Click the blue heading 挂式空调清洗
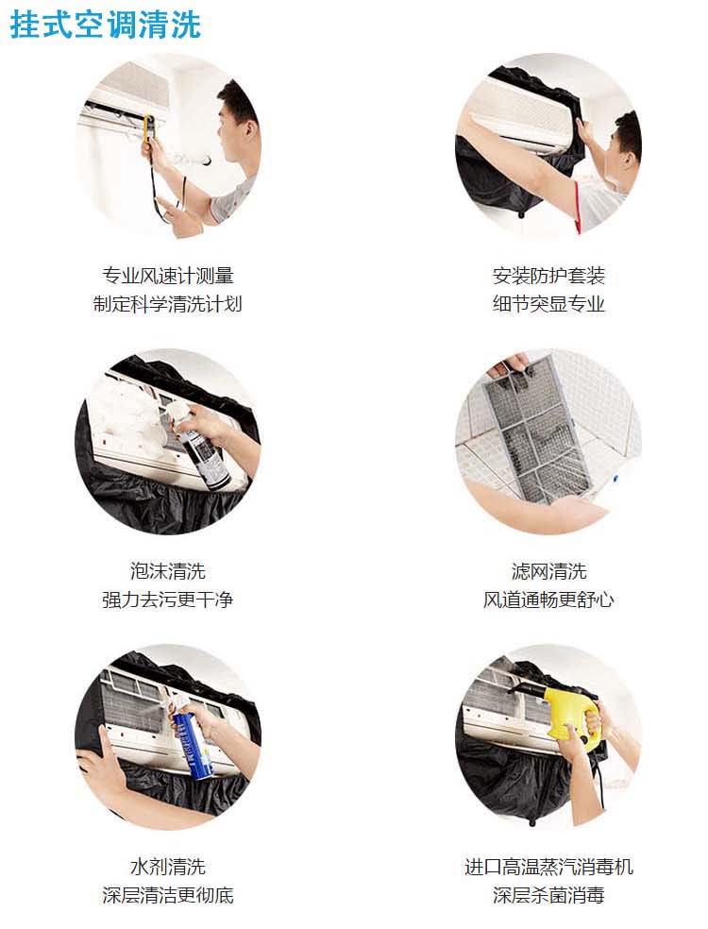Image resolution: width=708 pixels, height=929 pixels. coord(106,25)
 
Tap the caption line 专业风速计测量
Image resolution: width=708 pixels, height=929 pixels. coord(168,276)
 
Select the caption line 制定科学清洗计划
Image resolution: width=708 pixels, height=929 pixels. coord(168,304)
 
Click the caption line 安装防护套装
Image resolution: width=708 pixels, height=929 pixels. coord(548,276)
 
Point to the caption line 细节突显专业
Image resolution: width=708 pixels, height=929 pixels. coord(548,304)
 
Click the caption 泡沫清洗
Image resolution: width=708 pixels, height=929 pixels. coord(168,571)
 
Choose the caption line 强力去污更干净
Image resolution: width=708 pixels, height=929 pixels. coord(168,600)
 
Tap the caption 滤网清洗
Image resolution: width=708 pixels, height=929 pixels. coord(548,571)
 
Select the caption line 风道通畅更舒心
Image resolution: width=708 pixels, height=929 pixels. coord(548,600)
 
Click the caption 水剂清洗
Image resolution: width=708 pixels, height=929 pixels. coord(168,867)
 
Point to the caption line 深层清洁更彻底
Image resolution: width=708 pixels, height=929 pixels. coord(168,895)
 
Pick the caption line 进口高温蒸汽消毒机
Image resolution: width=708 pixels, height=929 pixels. coord(548,867)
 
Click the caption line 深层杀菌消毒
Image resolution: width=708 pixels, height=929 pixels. coord(548,895)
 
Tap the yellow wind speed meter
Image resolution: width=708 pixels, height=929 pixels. coord(149,128)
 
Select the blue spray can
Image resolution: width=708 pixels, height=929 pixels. coord(191,743)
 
